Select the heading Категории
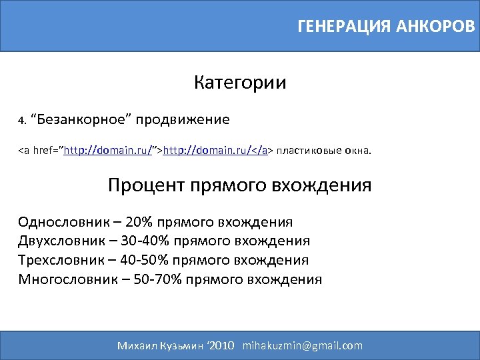tap(240, 83)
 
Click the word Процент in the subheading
tap(146, 185)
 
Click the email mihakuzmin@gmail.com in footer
tap(303, 345)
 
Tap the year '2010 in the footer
tap(221, 345)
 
